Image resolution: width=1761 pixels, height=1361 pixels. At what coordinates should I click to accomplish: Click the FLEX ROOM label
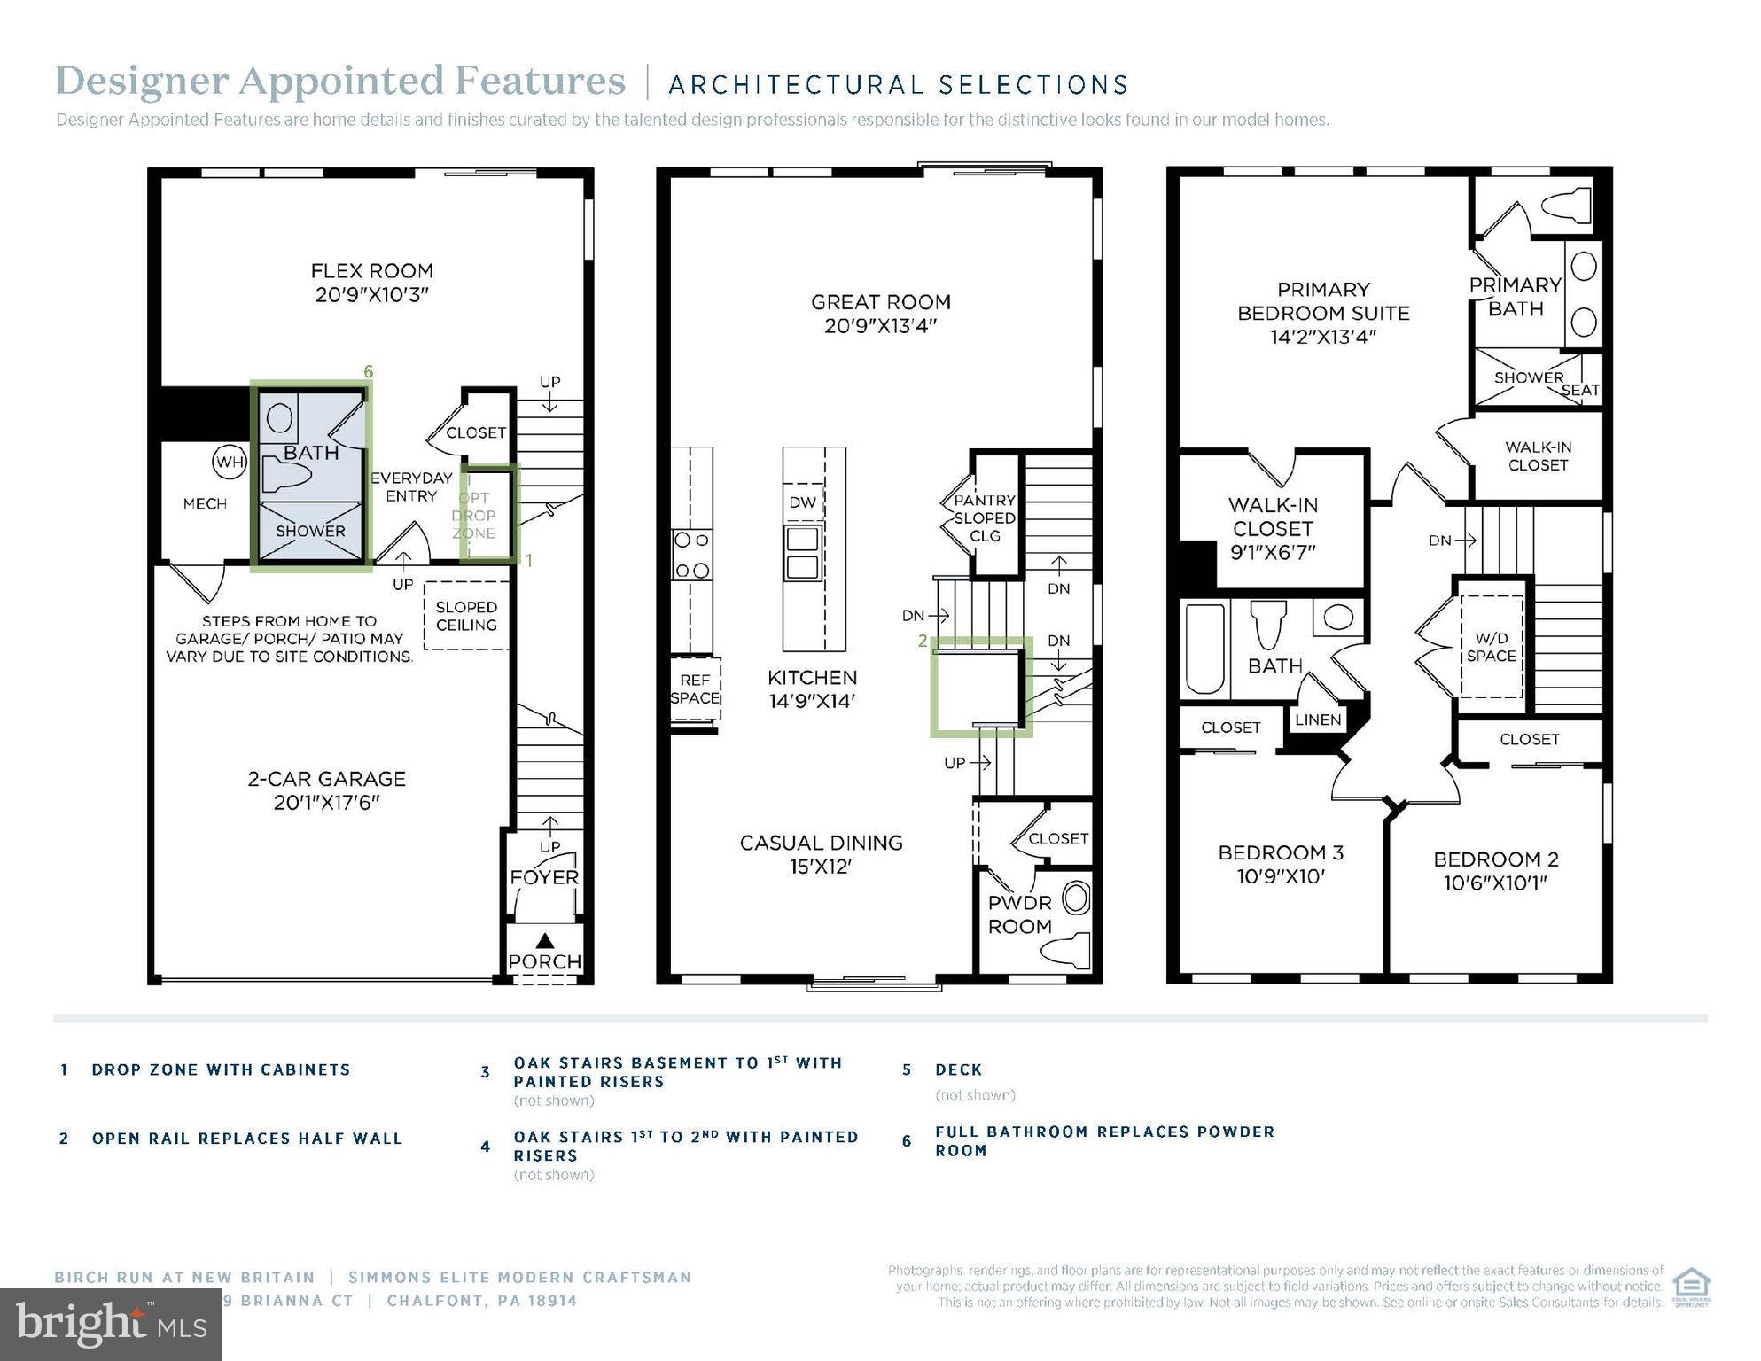pos(371,271)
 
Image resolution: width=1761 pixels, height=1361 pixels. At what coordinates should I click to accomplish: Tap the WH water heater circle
pos(229,462)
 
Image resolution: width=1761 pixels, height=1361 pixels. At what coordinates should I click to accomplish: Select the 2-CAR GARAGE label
pos(326,779)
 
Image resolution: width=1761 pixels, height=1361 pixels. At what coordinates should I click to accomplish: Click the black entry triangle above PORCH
pos(545,941)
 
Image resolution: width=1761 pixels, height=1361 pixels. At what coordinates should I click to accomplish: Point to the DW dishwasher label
pos(803,502)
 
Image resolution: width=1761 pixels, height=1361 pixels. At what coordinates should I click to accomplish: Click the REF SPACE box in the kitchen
pos(695,689)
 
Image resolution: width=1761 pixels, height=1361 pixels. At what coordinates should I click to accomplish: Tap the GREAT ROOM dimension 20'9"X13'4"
pos(880,326)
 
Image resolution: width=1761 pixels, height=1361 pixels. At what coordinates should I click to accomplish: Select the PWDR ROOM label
pos(1019,914)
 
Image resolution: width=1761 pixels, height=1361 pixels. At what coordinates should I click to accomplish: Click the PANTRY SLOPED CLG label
pos(985,518)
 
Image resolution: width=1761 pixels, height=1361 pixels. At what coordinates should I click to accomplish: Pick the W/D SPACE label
pos(1491,647)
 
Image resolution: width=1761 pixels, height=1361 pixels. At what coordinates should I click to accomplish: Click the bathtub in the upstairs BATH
pos(1204,649)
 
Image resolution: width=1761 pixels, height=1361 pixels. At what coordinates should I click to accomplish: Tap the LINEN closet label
pos(1317,719)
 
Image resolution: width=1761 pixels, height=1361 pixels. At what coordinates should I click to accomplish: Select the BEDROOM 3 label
pos(1281,852)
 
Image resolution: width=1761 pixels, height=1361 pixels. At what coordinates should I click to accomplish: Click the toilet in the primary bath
pos(1567,206)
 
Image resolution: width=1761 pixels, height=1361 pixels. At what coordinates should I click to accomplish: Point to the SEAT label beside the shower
pos(1580,390)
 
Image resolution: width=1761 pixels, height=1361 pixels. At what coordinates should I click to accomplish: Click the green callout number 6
pos(369,372)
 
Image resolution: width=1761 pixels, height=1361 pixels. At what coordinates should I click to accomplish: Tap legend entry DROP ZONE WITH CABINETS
pos(221,1069)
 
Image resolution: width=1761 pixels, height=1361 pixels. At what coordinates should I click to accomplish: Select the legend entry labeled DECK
pos(958,1069)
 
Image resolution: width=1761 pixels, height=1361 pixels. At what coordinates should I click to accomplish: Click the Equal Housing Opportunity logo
pos(1690,1287)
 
